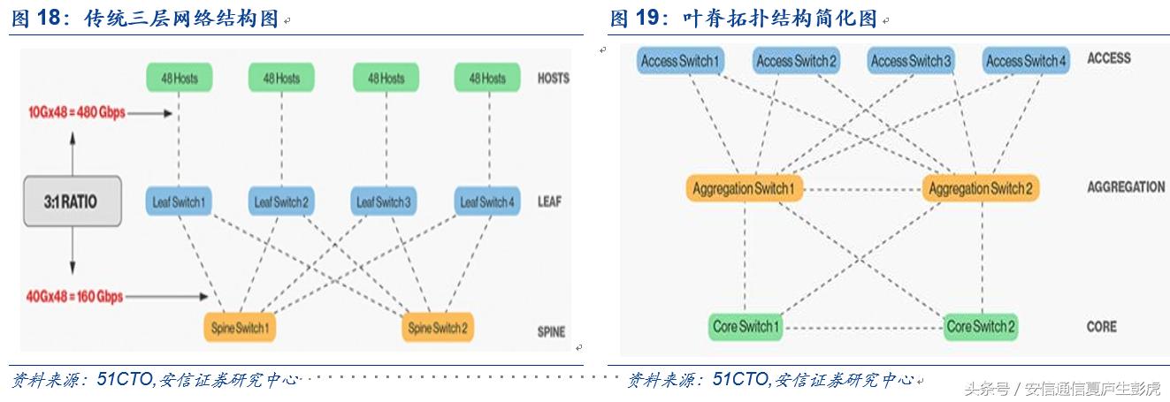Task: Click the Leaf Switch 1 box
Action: click(180, 202)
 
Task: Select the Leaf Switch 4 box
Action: click(486, 202)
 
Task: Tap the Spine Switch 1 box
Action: click(239, 328)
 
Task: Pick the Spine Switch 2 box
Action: click(437, 328)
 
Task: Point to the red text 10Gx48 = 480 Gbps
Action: click(76, 112)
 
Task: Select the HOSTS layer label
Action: click(554, 79)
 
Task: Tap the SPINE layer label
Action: click(552, 332)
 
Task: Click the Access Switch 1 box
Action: click(681, 61)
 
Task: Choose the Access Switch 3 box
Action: click(912, 61)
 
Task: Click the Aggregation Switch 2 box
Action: click(980, 188)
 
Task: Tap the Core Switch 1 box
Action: click(746, 327)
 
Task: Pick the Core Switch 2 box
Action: click(981, 327)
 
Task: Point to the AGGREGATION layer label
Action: click(1126, 187)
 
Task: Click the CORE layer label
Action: click(1102, 327)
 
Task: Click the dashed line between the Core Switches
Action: click(863, 328)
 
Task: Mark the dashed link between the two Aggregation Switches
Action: click(863, 189)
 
